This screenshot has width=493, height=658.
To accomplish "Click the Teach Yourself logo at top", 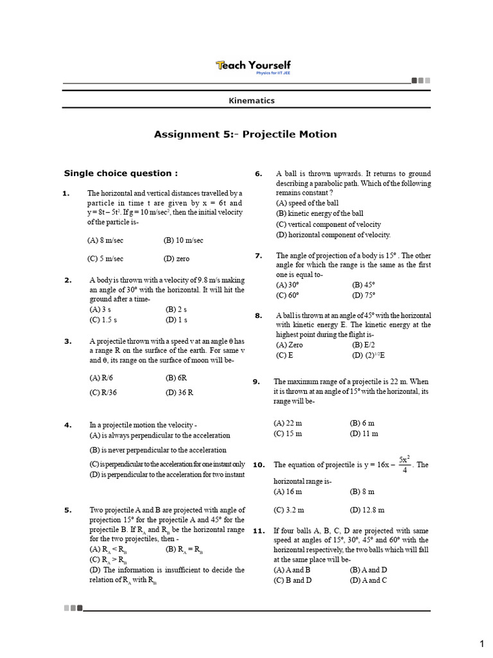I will coord(253,66).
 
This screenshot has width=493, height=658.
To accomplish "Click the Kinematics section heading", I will coord(252,100).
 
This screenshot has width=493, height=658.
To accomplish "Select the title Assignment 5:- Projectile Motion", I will coord(245,134).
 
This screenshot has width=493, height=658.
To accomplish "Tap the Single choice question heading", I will coord(121,173).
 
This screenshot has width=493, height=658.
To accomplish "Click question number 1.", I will coord(65,193).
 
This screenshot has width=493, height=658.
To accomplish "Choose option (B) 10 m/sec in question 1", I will coord(183,240).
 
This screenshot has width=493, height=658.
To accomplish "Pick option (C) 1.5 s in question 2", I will coord(103,319).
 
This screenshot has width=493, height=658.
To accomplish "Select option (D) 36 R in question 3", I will coord(179,392).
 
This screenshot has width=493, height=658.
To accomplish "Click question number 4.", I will coord(67,425).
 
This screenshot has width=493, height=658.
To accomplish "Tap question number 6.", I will coord(258,173).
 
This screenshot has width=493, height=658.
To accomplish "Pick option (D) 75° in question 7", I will coord(363,295).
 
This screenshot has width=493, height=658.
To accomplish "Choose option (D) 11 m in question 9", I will coord(364,433).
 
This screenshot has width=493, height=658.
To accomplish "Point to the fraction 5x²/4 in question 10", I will coord(404,465).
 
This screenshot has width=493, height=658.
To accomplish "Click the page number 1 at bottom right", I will coord(481,643).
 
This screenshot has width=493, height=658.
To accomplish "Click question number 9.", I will coord(255,381).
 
